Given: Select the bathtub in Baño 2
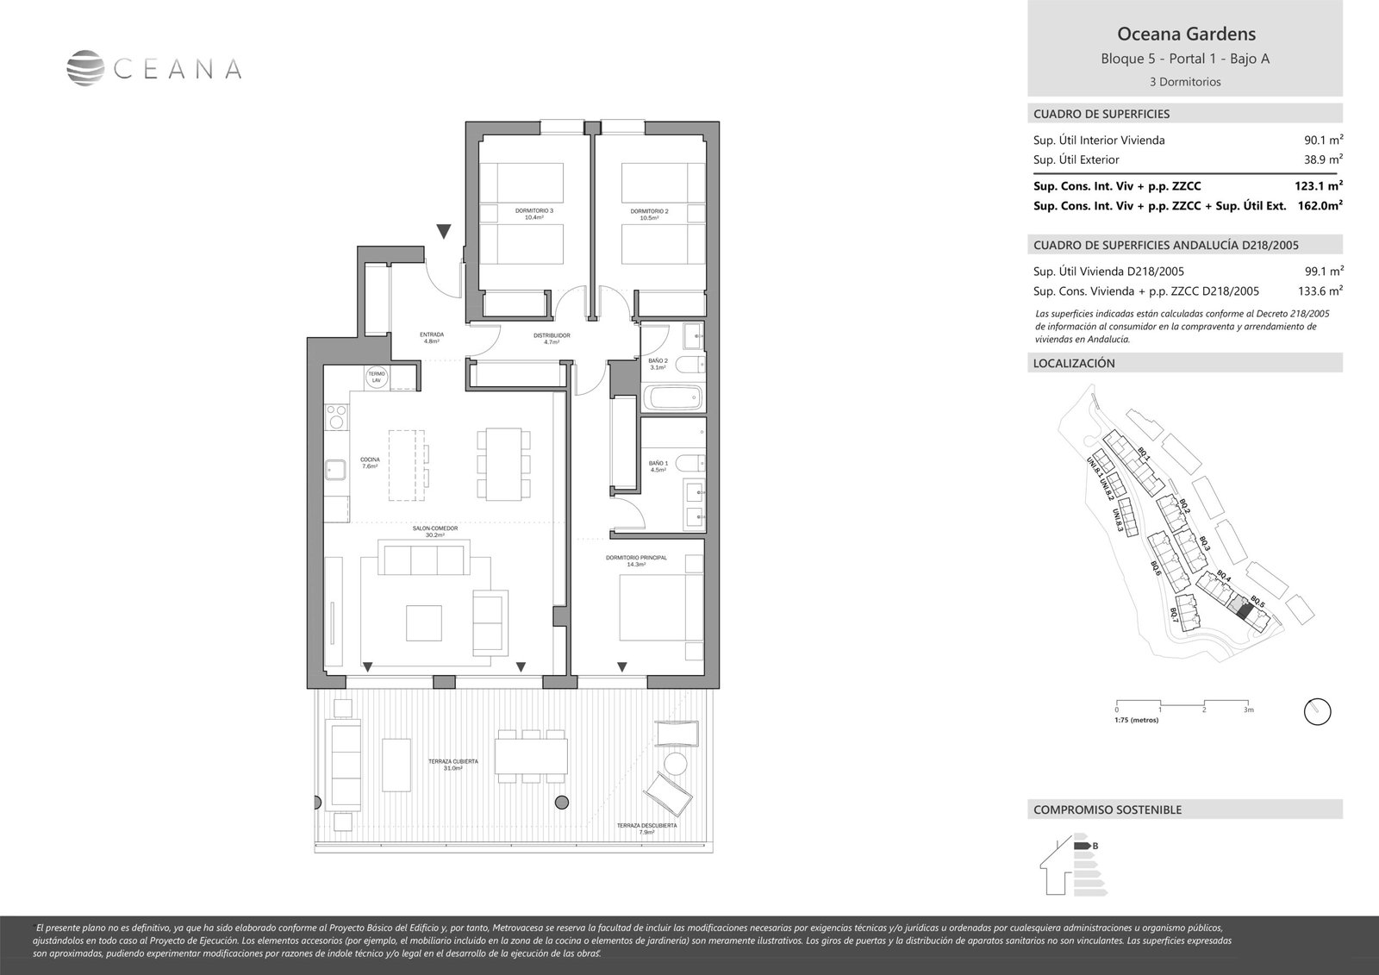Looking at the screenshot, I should pyautogui.click(x=673, y=398).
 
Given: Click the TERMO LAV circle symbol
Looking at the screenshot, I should pyautogui.click(x=376, y=377).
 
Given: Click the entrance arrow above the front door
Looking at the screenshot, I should pyautogui.click(x=443, y=231).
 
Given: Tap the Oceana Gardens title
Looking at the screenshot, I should pyautogui.click(x=1185, y=34).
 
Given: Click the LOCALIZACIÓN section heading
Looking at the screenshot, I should pyautogui.click(x=1074, y=363).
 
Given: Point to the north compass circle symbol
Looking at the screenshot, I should pyautogui.click(x=1318, y=711).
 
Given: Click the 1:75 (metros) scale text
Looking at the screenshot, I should pyautogui.click(x=1137, y=719).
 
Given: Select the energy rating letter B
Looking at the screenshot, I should pyautogui.click(x=1095, y=846).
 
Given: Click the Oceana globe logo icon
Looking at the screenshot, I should pyautogui.click(x=84, y=68).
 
